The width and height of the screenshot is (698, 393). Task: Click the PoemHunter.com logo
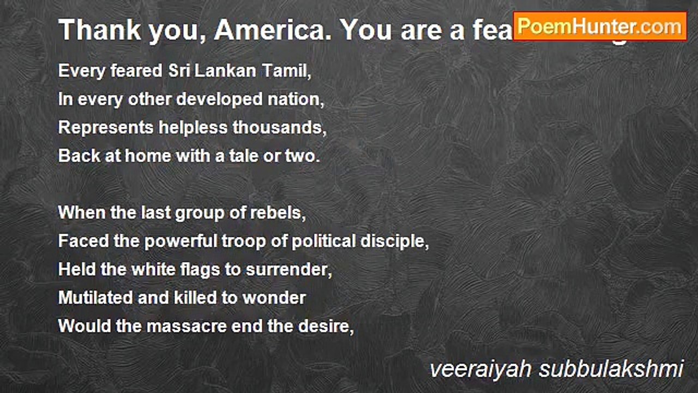pyautogui.click(x=600, y=26)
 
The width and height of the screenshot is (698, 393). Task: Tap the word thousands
pyautogui.click(x=279, y=128)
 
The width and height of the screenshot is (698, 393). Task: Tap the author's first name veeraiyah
pyautogui.click(x=479, y=370)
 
